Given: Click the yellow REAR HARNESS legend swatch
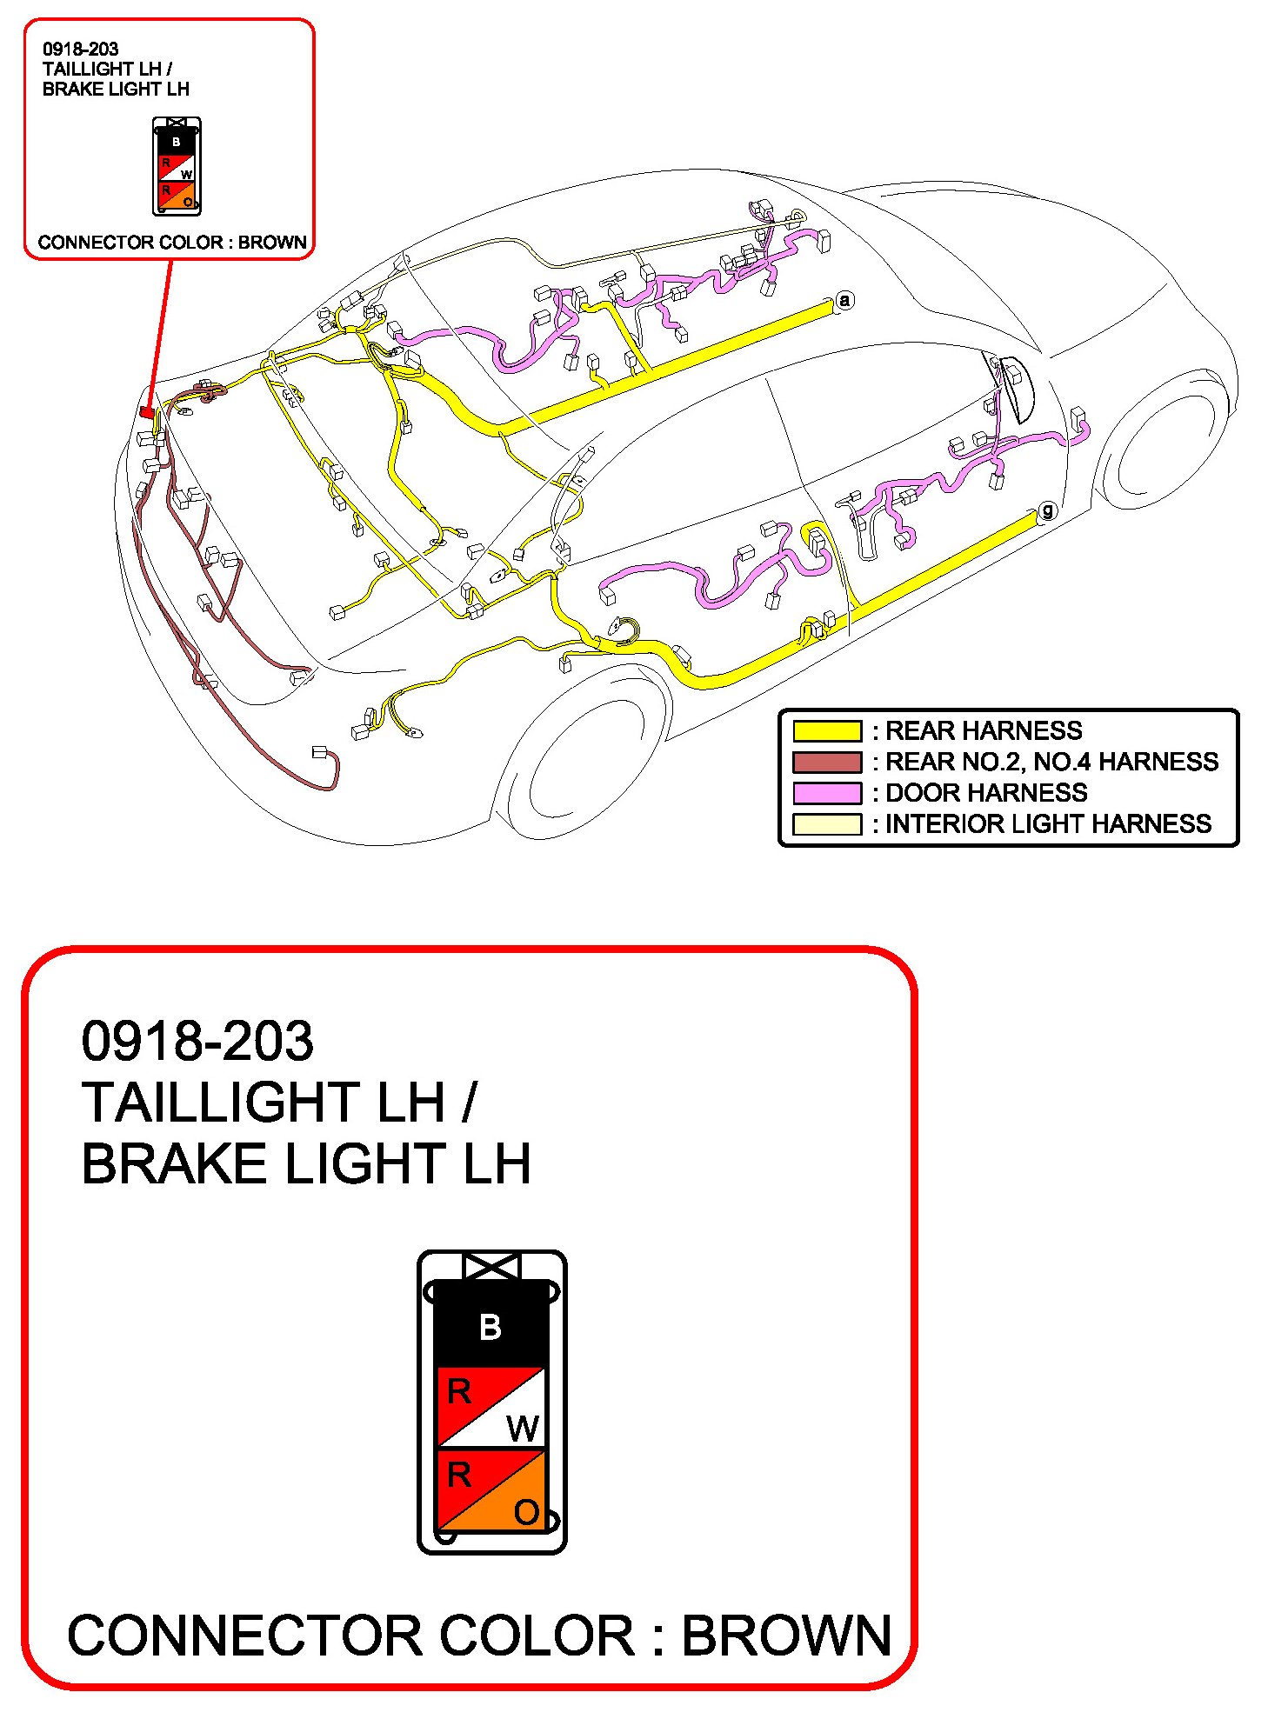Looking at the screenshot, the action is [826, 730].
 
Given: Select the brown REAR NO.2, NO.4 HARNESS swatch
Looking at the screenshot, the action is [826, 762].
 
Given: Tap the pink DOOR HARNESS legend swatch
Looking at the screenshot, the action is [826, 793].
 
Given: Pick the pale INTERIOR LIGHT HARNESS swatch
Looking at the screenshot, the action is [826, 823].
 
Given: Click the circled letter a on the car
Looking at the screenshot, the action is [844, 301].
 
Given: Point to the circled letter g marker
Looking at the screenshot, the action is [1047, 510].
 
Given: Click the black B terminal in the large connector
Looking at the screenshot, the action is [491, 1327].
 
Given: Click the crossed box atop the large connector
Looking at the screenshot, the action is [491, 1266].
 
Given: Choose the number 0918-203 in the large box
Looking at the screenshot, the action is [197, 1041].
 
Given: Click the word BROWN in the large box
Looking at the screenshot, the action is [785, 1636].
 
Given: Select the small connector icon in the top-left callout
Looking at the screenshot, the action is [177, 166].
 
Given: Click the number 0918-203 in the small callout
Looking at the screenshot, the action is [80, 50].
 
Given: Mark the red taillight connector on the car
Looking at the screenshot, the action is [147, 412].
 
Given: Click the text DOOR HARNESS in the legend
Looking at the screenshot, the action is [985, 793].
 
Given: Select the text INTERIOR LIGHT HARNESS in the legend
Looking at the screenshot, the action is [1048, 823].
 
